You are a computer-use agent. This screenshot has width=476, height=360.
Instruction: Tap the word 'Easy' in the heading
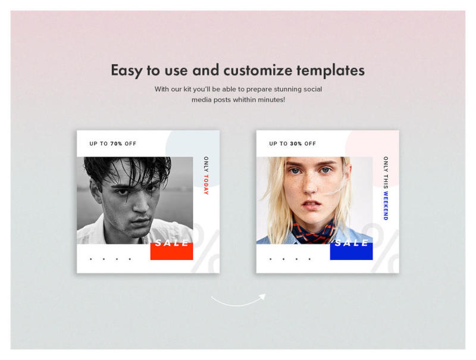(x=127, y=70)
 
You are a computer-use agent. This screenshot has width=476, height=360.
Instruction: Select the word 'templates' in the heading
(x=331, y=70)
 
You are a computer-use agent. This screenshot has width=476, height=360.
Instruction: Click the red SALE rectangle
(x=171, y=251)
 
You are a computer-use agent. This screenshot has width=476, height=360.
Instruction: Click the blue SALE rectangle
(x=351, y=251)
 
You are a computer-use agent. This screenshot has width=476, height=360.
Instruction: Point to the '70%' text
(x=117, y=143)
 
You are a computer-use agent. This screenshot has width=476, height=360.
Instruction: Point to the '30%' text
(x=296, y=143)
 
